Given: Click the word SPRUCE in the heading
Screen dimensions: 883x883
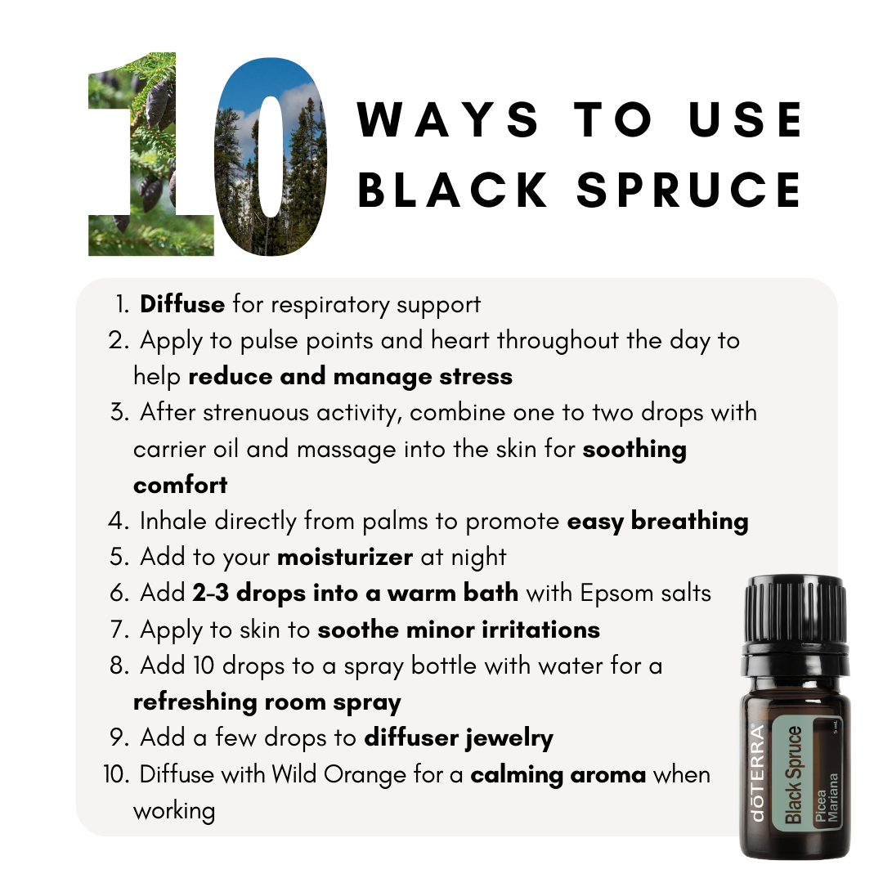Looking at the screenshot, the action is [689, 189].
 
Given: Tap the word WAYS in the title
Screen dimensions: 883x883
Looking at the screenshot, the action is [448, 119].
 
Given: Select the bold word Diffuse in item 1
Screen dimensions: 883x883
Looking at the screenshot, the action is [182, 304].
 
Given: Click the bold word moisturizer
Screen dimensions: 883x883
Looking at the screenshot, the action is [345, 557].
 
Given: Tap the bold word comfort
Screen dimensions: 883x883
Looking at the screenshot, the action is [180, 485].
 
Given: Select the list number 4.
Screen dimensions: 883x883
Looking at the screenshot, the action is [119, 522].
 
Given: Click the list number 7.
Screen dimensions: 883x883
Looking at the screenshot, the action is [119, 630].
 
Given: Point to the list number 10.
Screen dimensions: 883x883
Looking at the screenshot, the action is [117, 774].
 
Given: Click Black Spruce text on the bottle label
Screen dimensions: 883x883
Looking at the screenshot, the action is [793, 775].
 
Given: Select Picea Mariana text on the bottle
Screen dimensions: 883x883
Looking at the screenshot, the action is [826, 798].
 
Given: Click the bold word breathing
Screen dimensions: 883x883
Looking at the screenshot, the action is [689, 522].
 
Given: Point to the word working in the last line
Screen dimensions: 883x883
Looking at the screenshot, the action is [174, 812].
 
